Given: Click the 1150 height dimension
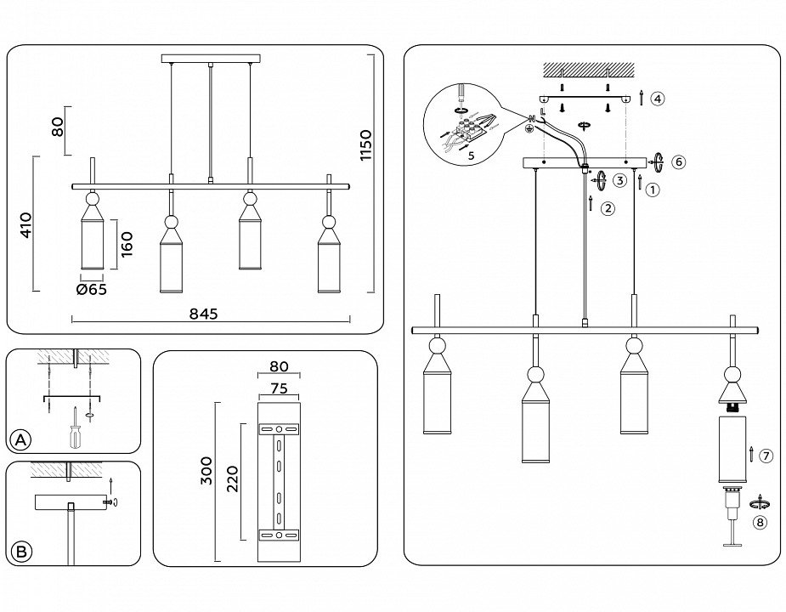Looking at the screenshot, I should (365, 145).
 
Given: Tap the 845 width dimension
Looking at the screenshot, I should (204, 314).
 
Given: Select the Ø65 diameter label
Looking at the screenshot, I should (91, 289).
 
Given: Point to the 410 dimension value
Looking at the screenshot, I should (25, 224).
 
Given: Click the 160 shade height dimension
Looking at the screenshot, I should (126, 243).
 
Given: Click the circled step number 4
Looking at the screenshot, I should (658, 99).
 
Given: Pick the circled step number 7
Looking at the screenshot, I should (766, 456).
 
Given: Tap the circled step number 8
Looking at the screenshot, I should (761, 523).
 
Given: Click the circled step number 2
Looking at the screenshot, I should (607, 208).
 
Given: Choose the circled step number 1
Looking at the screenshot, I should (653, 190).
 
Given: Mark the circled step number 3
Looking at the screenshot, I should (620, 180).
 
